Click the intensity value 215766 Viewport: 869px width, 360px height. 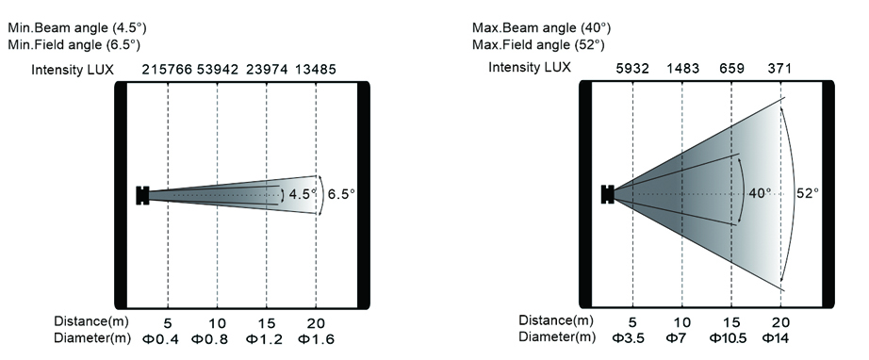tap(167, 70)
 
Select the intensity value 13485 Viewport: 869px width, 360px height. tap(316, 70)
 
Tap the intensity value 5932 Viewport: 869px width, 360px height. tap(632, 69)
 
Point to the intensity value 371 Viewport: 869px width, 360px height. tap(779, 69)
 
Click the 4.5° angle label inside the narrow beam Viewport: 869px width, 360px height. tap(303, 194)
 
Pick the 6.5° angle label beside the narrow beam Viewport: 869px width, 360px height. tap(341, 194)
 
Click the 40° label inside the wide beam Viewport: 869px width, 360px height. tap(760, 193)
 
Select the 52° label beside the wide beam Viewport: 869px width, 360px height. tap(808, 193)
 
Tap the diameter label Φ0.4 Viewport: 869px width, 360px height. tap(161, 339)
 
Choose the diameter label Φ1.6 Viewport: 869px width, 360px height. tap(316, 339)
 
